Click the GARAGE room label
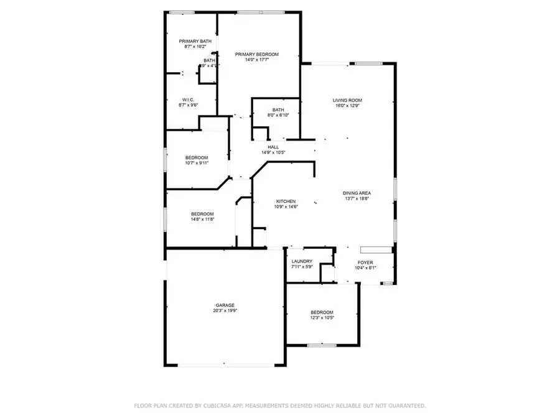[225, 305]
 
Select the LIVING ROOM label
[347, 100]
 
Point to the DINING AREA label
[357, 193]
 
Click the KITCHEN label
[286, 201]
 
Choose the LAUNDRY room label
[302, 261]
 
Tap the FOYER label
[365, 263]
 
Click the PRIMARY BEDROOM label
[256, 54]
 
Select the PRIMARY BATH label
[195, 41]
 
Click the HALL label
[273, 147]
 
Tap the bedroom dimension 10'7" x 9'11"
[197, 164]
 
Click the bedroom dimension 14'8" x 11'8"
[202, 220]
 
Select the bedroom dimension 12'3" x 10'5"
[322, 318]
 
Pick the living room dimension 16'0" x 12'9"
[347, 106]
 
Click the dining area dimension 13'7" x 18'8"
[357, 199]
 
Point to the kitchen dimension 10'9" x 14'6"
[286, 207]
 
